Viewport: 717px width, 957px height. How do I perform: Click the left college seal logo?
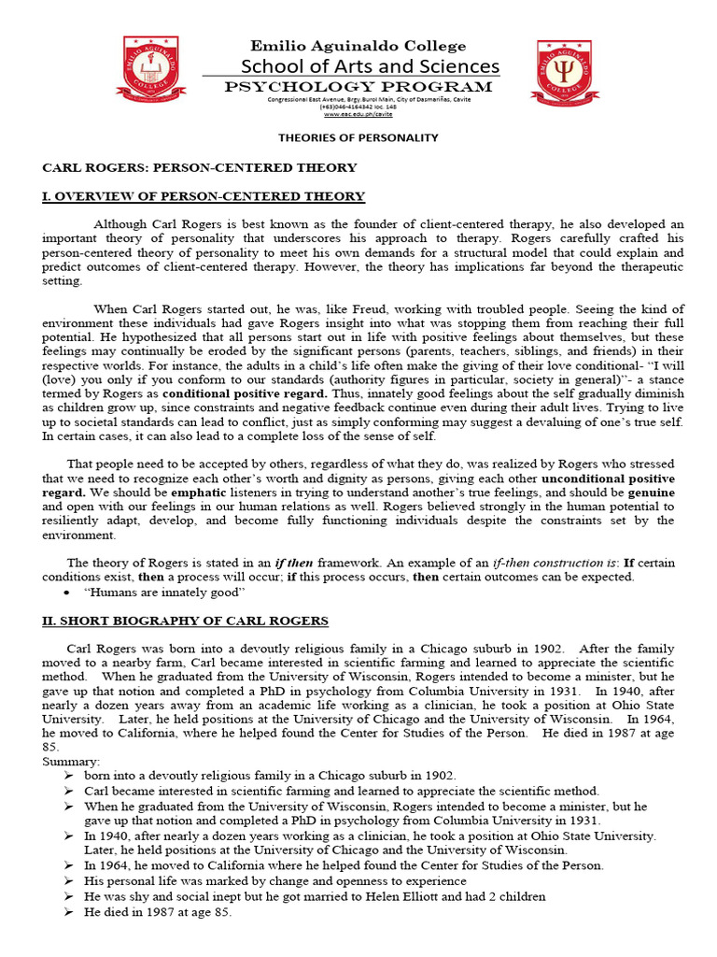(x=151, y=71)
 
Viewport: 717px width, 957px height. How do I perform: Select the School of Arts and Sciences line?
(x=370, y=66)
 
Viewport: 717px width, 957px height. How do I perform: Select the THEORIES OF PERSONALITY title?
(x=358, y=137)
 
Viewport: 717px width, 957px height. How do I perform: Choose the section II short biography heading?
(x=185, y=621)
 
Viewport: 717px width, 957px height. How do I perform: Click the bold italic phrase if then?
(x=294, y=563)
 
